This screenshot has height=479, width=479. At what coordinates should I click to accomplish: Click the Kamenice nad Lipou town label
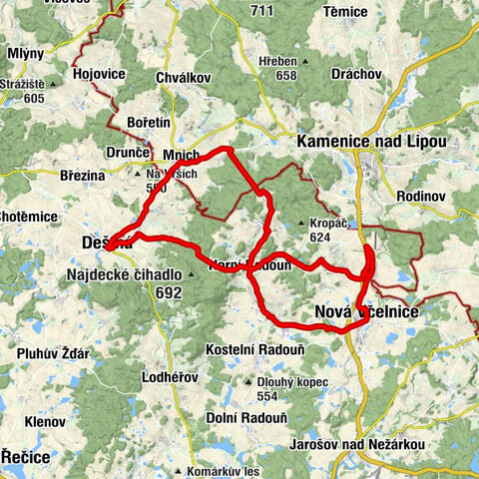tap(371, 143)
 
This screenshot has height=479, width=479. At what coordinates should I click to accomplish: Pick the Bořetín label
tap(151, 121)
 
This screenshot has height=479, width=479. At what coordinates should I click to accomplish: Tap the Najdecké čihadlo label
tap(124, 274)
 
